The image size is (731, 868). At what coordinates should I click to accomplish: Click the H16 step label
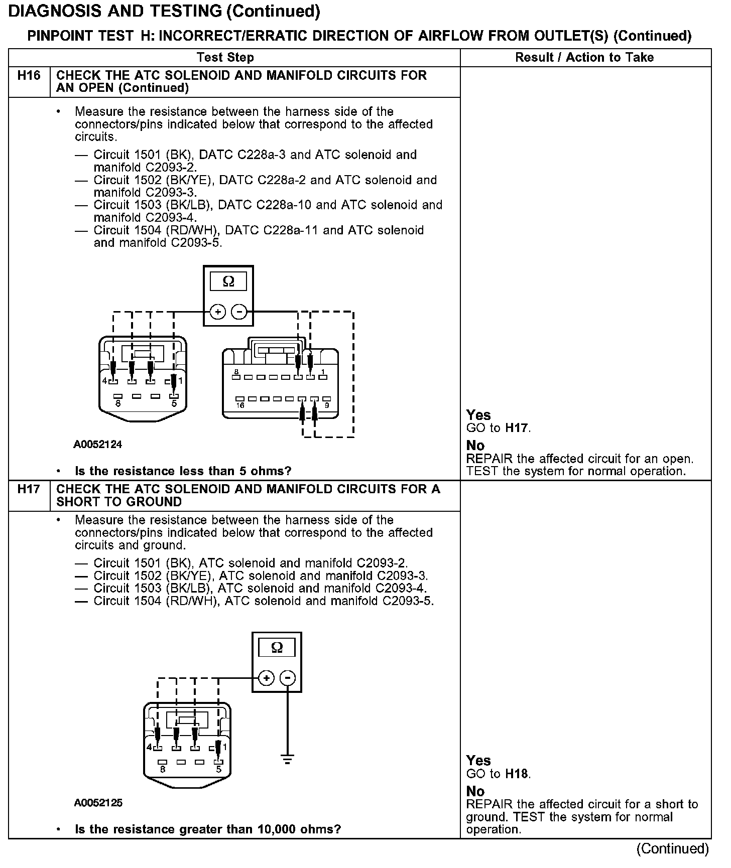29,76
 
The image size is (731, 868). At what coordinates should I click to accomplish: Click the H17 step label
29,489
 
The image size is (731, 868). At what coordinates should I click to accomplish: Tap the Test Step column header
225,57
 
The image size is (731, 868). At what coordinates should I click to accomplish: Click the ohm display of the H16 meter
228,281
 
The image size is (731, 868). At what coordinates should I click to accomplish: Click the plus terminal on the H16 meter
217,312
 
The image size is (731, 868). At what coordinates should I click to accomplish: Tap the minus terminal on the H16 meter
239,312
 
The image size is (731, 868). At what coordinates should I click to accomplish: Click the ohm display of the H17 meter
277,648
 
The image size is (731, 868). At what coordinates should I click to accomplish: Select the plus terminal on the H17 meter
266,678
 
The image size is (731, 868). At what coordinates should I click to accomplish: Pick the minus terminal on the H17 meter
288,678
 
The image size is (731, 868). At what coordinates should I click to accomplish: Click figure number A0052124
98,445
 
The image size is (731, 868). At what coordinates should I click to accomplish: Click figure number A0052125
98,803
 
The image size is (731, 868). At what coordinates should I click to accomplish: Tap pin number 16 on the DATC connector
240,405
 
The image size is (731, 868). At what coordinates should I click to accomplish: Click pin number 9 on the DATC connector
327,405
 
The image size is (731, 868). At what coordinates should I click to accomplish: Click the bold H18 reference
517,774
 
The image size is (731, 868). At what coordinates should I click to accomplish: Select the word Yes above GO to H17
478,415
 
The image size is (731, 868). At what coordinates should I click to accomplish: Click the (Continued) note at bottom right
672,849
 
